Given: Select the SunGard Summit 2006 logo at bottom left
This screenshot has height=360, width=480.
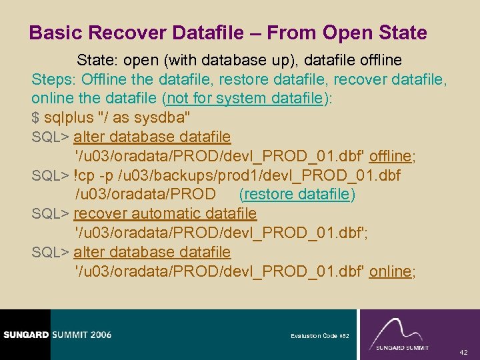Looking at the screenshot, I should point(56,334).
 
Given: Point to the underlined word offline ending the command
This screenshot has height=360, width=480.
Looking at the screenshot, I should point(390,156).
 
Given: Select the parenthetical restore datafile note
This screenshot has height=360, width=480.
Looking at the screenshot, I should point(297,194).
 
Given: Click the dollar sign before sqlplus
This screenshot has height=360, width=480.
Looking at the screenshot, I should point(35,118).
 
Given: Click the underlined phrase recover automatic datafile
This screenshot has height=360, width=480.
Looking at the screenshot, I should point(165,213).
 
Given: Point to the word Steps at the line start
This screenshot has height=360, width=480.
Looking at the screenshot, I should point(52,79).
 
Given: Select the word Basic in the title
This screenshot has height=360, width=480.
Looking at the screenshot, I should point(55,33).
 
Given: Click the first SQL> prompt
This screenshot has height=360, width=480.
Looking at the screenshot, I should point(51,137).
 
